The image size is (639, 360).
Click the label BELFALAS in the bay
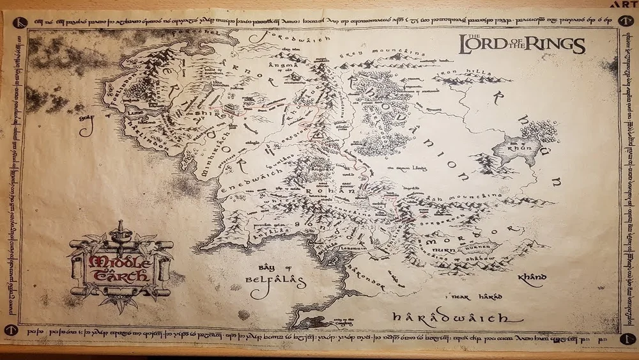(271, 280)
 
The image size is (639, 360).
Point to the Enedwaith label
(245, 178)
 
